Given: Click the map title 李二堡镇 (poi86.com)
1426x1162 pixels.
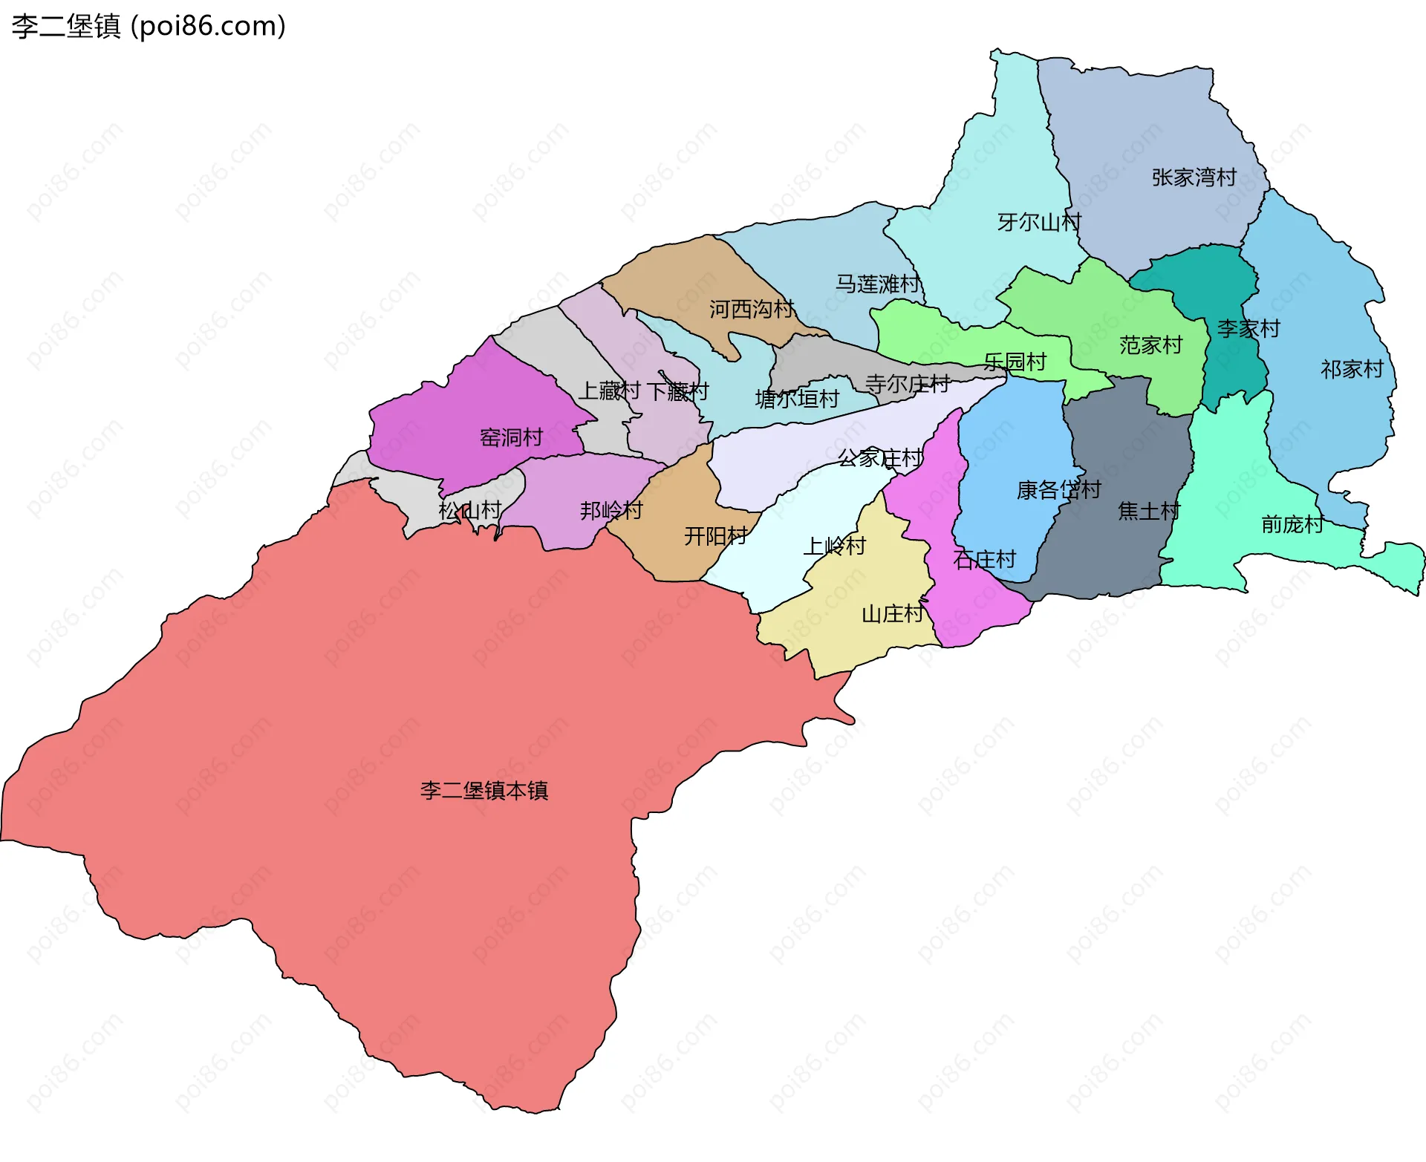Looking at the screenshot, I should (149, 27).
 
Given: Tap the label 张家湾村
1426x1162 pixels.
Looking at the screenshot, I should (1194, 177).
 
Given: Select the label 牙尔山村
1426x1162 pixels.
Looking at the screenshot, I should (1039, 222).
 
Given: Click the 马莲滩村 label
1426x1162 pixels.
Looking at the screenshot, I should (877, 284).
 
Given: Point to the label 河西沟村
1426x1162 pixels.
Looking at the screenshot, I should (751, 309).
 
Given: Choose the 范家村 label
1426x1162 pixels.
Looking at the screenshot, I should (1150, 345).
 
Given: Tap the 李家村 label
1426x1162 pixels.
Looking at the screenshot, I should (1248, 328).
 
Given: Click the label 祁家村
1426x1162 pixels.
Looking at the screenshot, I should (1352, 369).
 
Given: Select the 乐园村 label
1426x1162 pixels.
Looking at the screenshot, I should (1015, 362).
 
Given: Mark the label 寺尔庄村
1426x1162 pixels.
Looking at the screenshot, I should (908, 384).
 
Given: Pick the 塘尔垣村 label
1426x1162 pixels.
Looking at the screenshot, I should (797, 399).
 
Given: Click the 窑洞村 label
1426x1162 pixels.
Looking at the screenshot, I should (511, 437).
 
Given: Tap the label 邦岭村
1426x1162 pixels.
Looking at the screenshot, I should (611, 510).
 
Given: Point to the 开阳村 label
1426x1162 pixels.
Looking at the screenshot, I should (715, 535).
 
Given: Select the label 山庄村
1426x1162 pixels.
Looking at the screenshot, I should (892, 614).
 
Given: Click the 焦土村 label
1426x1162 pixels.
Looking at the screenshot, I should (1148, 511).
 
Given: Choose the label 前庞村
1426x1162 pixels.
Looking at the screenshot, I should (1292, 524).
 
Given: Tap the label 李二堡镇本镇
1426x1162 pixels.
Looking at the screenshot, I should (484, 790).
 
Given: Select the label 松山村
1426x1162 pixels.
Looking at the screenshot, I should (469, 510).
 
